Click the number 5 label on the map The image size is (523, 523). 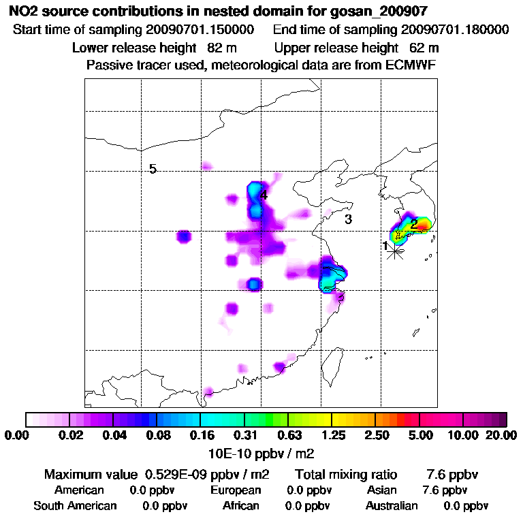(x=153, y=169)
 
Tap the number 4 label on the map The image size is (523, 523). (x=264, y=195)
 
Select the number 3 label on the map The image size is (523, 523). (x=348, y=219)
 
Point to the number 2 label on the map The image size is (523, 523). (x=413, y=223)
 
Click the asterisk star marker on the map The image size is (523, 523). (x=394, y=251)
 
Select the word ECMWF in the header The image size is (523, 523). (x=411, y=65)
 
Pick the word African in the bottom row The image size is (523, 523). (x=241, y=506)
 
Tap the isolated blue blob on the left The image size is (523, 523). (x=183, y=237)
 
